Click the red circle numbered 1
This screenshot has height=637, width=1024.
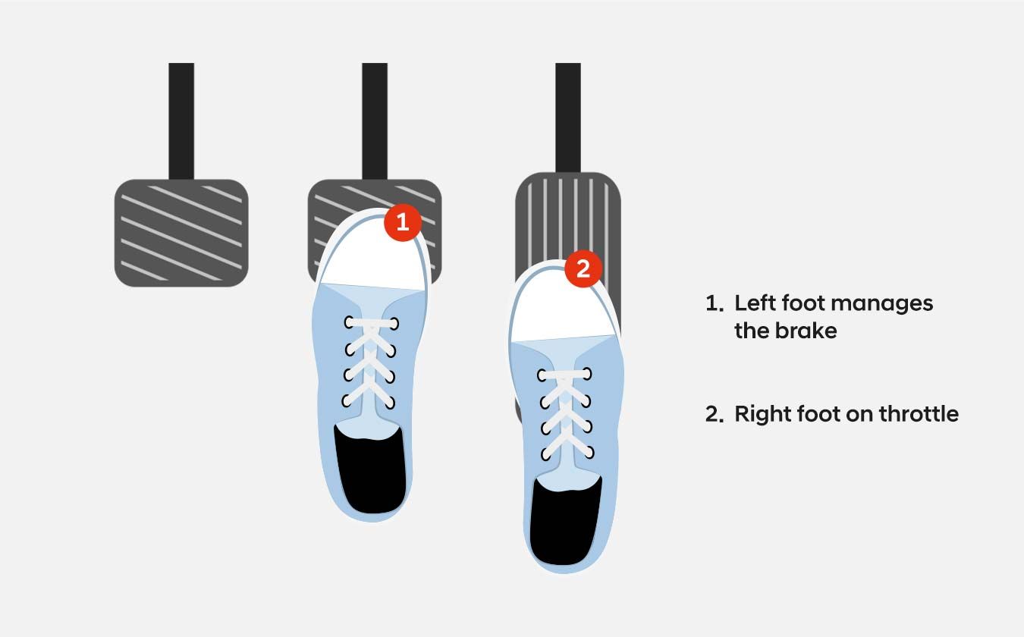click(x=402, y=222)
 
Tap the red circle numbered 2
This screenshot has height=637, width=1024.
click(x=583, y=268)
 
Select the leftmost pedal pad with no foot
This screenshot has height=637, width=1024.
click(x=181, y=233)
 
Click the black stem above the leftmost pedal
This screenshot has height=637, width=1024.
click(x=181, y=121)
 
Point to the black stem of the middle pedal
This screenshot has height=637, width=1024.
click(x=375, y=121)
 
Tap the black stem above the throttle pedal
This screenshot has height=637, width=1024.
click(x=568, y=118)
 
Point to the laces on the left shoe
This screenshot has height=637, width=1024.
click(x=370, y=362)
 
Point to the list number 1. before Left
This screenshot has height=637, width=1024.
click(x=715, y=303)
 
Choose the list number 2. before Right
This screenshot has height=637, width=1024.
click(x=715, y=414)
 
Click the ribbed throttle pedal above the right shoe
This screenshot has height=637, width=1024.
click(x=568, y=219)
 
